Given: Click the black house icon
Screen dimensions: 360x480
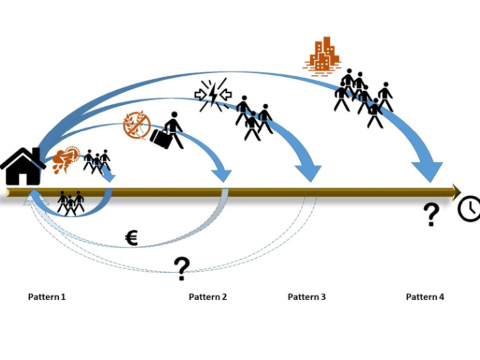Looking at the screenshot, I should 23,166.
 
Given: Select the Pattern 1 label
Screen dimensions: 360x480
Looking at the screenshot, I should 47,297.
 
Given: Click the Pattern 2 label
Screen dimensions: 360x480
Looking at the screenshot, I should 207,297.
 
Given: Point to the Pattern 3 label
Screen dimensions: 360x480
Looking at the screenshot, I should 306,297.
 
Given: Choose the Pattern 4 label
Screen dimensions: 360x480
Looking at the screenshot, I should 425,297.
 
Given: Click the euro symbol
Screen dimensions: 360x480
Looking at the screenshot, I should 131,237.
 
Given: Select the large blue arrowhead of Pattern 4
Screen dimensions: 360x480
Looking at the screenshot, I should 427,171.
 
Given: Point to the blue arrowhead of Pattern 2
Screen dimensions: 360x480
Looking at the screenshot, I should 223,174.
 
